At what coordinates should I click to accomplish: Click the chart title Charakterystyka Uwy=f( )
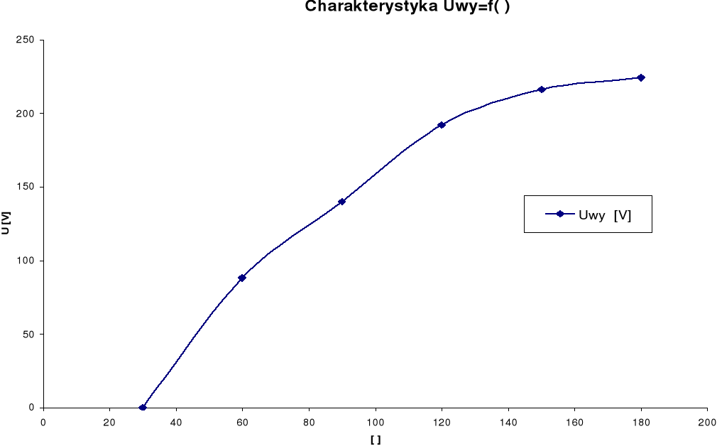[x=407, y=7]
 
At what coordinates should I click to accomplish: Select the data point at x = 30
[x=143, y=408]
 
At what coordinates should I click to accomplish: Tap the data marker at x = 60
[x=242, y=278]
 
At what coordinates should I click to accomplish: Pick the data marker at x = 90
[x=341, y=202]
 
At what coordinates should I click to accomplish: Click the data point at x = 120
[x=442, y=125]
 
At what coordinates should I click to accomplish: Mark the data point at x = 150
[x=541, y=89]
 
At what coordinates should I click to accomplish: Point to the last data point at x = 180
[x=641, y=77]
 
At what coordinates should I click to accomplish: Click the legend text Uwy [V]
[x=605, y=214]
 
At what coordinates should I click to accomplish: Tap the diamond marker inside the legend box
[x=560, y=214]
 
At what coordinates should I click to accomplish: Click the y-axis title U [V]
[x=6, y=223]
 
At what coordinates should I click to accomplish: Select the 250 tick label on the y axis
[x=26, y=40]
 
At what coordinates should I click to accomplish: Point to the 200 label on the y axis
[x=26, y=114]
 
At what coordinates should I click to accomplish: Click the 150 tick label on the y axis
[x=26, y=187]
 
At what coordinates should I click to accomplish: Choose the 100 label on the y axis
[x=26, y=261]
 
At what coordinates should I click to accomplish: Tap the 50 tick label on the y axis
[x=28, y=334]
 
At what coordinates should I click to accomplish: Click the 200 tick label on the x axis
[x=707, y=422]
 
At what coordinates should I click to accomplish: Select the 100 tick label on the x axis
[x=375, y=422]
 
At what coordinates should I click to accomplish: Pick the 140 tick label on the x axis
[x=508, y=422]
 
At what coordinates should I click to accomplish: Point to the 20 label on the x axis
[x=109, y=422]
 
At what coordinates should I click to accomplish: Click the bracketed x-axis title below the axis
[x=375, y=440]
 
